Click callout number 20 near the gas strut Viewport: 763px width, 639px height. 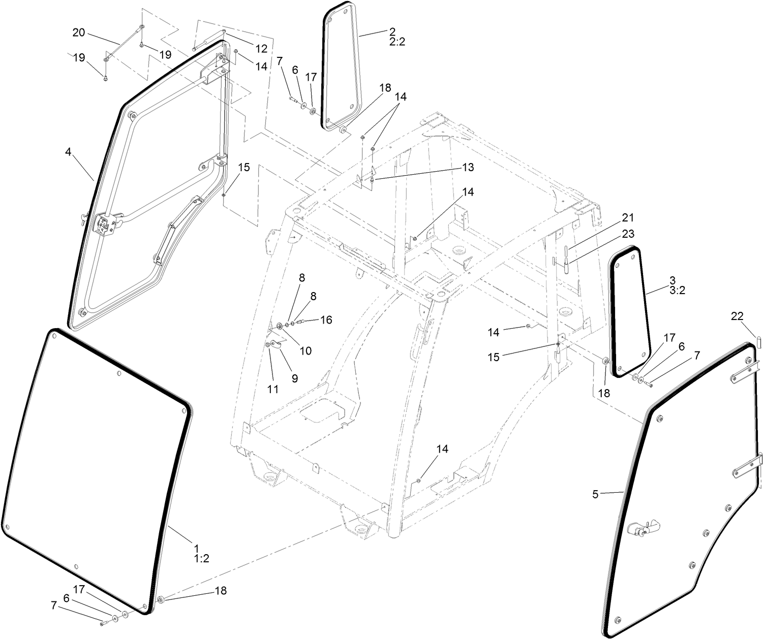79,33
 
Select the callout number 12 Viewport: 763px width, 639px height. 261,49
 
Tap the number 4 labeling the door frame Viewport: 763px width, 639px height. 68,151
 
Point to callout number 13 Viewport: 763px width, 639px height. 467,167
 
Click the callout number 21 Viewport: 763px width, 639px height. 628,218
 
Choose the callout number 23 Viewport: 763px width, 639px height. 628,234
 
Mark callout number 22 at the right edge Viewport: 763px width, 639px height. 737,315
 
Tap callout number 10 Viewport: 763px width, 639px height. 305,350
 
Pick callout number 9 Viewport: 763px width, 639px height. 294,378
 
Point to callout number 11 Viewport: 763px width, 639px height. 273,390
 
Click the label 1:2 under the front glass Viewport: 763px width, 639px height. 201,559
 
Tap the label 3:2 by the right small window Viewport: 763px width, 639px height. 677,291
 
